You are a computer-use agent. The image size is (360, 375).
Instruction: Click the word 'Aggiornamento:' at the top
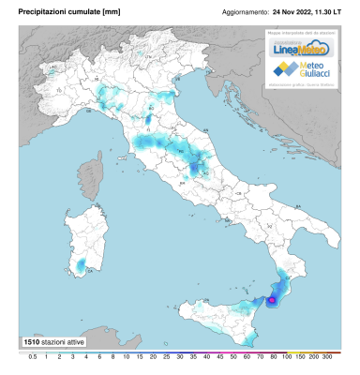tap(245, 13)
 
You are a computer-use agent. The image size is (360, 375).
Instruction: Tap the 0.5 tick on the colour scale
tap(32, 358)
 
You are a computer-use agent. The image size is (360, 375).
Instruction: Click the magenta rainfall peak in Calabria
tap(272, 300)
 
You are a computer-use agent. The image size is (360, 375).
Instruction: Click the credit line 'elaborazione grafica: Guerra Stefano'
tap(297, 88)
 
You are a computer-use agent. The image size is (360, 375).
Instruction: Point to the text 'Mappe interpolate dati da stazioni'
tap(297, 33)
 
